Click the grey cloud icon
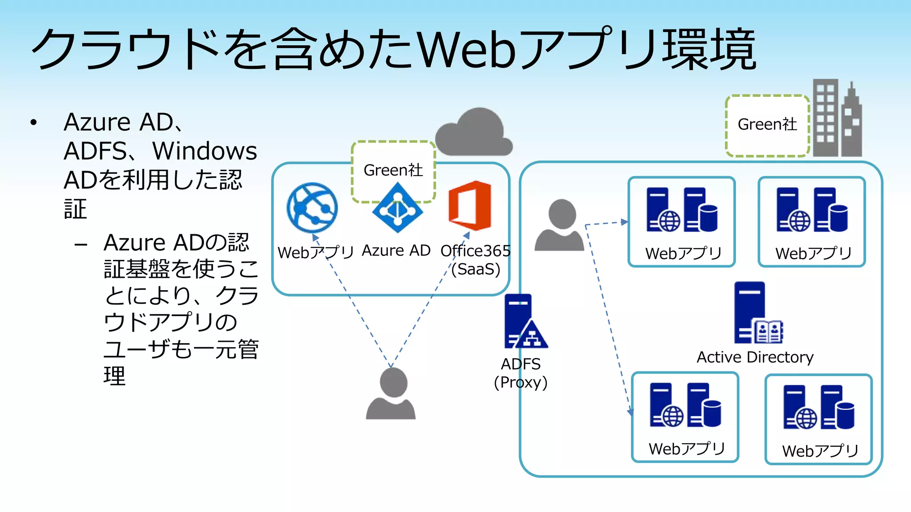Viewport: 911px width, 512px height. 474,133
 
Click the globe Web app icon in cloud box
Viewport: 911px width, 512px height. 312,208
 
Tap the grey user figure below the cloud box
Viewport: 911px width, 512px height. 391,394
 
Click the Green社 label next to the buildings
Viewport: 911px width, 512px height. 767,125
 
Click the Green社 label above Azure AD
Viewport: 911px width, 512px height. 393,170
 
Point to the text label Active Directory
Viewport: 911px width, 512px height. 755,357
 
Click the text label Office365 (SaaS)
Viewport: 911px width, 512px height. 476,260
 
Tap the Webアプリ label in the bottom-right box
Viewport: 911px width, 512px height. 820,451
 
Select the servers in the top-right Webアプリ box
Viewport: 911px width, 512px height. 812,210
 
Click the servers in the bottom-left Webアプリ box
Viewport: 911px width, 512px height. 685,405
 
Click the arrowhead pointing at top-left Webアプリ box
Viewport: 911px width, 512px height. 625,221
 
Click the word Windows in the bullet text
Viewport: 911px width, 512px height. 205,151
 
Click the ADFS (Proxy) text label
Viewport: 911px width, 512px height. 521,373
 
